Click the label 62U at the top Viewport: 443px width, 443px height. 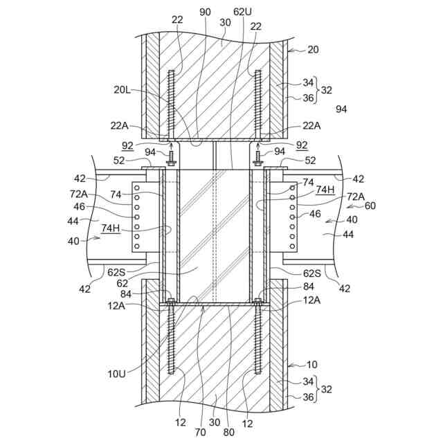click(243, 12)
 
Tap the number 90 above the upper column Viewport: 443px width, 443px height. click(205, 12)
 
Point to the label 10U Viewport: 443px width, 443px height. click(116, 374)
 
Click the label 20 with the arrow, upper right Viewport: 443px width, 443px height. click(313, 49)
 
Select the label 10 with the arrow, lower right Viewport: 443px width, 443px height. click(312, 364)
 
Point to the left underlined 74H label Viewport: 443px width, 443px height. click(110, 228)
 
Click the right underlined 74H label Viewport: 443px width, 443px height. click(325, 189)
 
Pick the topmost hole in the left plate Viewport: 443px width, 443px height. click(138, 188)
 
